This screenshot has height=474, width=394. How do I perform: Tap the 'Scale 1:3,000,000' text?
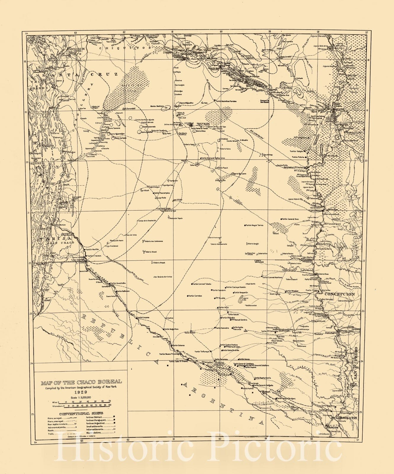coord(81,397)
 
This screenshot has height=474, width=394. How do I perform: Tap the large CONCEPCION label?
coord(340,294)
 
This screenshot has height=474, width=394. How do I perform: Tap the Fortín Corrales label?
coord(195,296)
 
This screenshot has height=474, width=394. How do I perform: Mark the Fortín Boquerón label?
coord(241,292)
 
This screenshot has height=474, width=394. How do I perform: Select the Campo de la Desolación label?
coord(147,221)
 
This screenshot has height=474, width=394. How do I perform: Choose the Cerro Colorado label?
coord(149,126)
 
